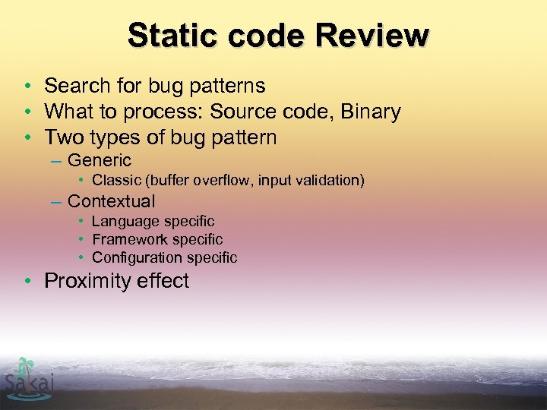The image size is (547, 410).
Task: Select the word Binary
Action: point(371,112)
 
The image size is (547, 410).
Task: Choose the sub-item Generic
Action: point(99,161)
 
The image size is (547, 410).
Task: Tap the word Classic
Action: point(118,181)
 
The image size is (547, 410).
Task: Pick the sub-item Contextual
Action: point(111,201)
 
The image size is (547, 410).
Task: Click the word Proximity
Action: point(84,281)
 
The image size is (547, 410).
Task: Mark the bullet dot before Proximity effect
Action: point(27,281)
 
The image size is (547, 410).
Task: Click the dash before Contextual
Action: point(55,202)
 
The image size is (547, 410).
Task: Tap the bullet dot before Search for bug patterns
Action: point(27,86)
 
